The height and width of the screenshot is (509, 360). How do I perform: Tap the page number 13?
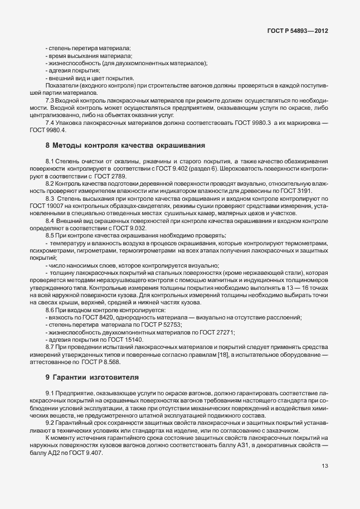pos(324,466)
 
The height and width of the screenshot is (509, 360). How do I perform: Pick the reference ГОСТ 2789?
pos(111,176)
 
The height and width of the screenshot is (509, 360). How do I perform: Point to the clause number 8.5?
pos(50,235)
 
